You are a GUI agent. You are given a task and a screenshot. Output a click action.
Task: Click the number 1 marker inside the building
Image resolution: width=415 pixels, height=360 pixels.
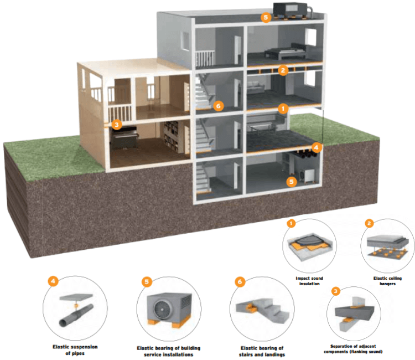tap(283, 109)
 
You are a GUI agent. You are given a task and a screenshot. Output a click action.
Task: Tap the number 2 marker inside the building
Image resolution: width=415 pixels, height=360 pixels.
tap(283, 70)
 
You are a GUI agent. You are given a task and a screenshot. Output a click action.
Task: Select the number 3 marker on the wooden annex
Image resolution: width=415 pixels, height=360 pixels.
tap(116, 125)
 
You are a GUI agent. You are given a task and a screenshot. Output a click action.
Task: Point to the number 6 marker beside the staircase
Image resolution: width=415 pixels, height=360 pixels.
tap(218, 105)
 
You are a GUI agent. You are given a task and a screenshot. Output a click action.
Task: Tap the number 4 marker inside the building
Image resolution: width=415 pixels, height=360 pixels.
tap(316, 147)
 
